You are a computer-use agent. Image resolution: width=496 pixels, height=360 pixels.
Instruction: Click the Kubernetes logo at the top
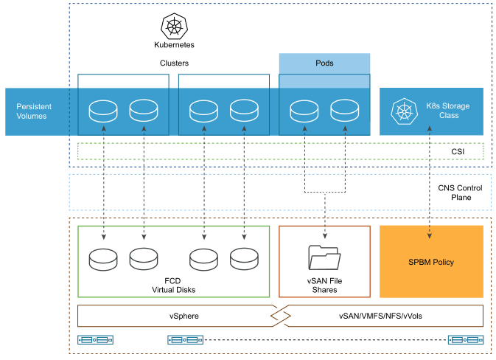coord(175,27)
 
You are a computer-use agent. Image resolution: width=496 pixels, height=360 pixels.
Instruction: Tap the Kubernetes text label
coord(175,45)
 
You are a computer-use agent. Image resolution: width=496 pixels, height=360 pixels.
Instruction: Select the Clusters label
coord(175,63)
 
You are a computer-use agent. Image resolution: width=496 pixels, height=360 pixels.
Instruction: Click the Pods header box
coord(324,63)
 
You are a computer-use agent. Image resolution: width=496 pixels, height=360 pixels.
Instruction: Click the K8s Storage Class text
coord(447,111)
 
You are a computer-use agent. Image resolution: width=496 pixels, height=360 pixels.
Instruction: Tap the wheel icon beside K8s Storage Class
coord(403,112)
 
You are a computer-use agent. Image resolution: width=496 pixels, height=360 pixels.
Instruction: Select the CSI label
coord(457,151)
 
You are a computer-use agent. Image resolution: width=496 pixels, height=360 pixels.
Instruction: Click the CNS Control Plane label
coord(454,193)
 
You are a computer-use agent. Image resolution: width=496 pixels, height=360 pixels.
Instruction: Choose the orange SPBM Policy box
coord(431,262)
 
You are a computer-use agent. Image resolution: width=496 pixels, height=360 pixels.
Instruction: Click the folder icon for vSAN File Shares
coord(324,257)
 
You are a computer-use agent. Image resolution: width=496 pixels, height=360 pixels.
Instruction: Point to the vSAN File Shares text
coord(324,285)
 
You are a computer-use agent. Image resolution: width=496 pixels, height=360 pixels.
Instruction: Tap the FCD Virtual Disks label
coord(174,285)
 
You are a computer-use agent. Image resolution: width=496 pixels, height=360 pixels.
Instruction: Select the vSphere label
coord(174,316)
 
